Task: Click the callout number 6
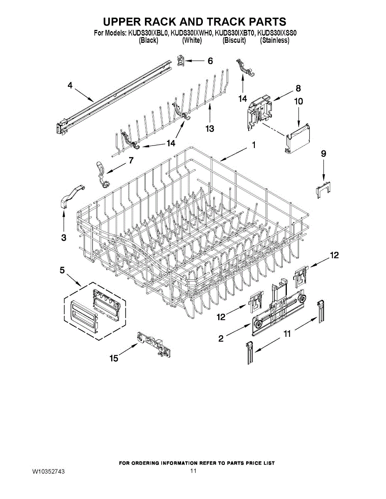coord(210,61)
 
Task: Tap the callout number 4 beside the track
coord(70,85)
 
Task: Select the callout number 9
coord(324,153)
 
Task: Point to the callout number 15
coord(114,358)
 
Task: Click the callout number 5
coord(62,270)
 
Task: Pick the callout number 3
coord(64,237)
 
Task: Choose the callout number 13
coord(209,128)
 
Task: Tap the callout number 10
coord(299,101)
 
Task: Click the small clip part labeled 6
coord(181,61)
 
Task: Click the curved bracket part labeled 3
coord(71,195)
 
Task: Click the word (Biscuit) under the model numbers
coord(234,41)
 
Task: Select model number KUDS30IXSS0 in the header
coord(277,34)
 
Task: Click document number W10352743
coord(49,472)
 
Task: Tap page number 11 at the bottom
coord(193,471)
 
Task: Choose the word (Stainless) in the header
coord(274,41)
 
